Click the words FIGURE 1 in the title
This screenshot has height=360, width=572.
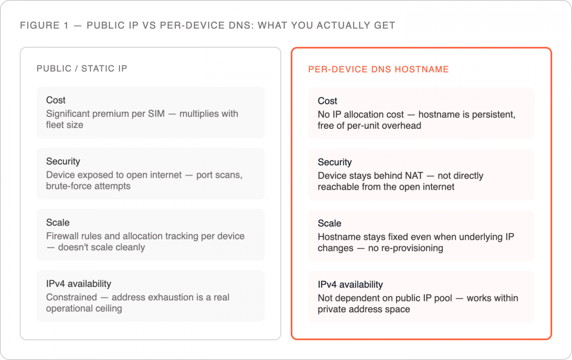coord(44,26)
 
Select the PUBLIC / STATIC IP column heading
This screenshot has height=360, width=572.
coord(82,69)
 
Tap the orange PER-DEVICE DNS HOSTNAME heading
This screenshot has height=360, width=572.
coord(378,69)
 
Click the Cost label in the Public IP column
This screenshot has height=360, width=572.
coord(56,100)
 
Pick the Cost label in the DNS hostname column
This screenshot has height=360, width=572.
coord(327,101)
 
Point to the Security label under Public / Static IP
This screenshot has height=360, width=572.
coord(63,162)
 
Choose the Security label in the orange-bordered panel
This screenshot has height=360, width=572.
coord(335,162)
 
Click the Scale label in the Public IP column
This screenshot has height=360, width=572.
coord(58,223)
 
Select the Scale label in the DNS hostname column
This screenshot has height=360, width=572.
coord(329,223)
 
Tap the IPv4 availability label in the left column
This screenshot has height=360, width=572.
coord(79,284)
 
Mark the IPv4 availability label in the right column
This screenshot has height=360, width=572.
coord(350,285)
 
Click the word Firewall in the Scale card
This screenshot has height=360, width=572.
coord(62,236)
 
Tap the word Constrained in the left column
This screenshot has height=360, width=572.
coord(71,298)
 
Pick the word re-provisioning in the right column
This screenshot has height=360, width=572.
coord(406,248)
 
